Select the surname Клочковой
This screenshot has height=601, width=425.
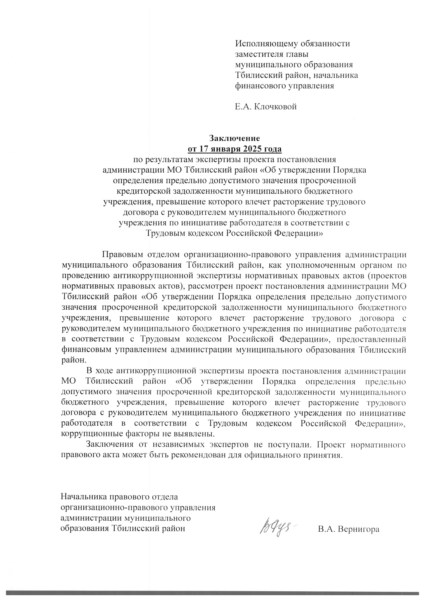click(276, 107)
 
